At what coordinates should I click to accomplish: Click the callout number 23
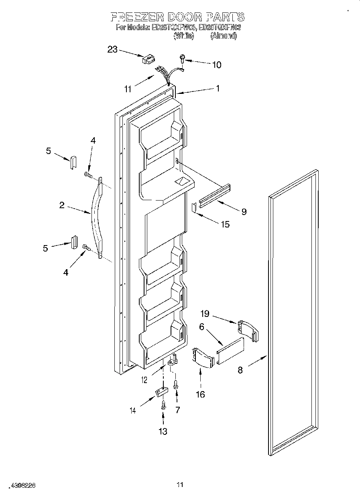point(112,49)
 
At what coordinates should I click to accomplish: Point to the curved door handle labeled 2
point(94,217)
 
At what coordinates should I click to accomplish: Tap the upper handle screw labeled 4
point(87,174)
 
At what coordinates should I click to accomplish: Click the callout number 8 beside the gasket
point(240,369)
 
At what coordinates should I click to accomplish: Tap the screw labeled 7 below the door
point(176,385)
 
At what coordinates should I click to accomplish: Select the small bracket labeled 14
point(161,391)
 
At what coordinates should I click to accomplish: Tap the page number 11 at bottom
point(180,485)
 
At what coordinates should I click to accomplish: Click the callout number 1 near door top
point(218,89)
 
